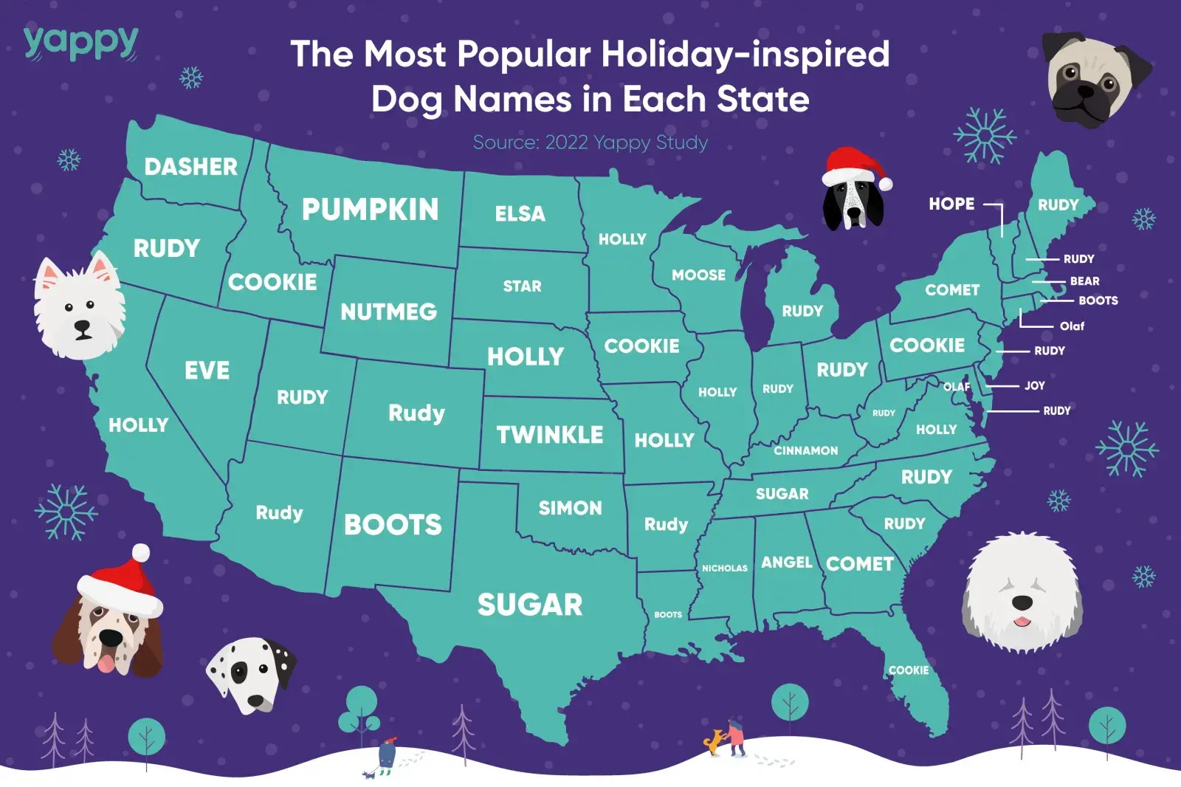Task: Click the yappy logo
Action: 80,42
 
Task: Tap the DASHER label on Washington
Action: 190,167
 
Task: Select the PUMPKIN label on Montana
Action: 370,210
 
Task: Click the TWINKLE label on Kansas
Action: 549,435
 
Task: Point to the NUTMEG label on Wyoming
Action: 388,312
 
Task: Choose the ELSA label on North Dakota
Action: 520,214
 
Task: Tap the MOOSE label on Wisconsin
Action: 698,275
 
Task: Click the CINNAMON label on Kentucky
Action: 805,450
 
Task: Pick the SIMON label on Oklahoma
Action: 570,508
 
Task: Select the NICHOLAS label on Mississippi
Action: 724,568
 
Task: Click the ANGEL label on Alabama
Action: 786,563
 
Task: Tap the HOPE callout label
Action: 951,204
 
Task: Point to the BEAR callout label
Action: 1084,281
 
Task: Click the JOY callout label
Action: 1034,385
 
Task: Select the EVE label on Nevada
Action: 207,370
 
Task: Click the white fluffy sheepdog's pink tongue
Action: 1022,621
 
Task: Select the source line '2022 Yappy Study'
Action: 590,142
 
